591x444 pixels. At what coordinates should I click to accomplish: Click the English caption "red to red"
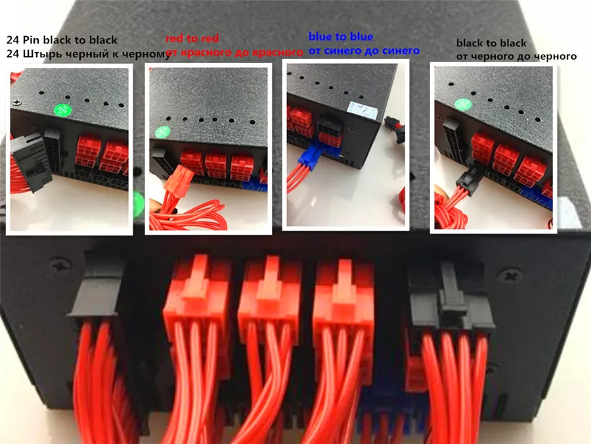tap(192, 39)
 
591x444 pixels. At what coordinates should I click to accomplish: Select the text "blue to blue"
tap(341, 37)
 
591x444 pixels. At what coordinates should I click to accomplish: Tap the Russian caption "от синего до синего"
tap(364, 51)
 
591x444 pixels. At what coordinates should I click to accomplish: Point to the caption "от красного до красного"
tap(234, 52)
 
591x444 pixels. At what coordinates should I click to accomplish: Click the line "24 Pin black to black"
tap(62, 40)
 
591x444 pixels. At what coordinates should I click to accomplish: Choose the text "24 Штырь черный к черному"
tap(88, 54)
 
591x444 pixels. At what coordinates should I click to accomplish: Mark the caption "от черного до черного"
tap(516, 57)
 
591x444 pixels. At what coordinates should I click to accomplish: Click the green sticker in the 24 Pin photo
tap(62, 111)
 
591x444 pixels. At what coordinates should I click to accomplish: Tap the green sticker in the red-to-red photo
tap(162, 132)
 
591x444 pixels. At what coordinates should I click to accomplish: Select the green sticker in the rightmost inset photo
tap(463, 105)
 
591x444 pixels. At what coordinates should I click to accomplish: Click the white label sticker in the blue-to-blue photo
tap(362, 111)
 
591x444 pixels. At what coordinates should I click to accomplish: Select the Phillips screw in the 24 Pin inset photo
tap(16, 103)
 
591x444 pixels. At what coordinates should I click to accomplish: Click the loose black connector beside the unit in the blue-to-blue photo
tap(395, 129)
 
